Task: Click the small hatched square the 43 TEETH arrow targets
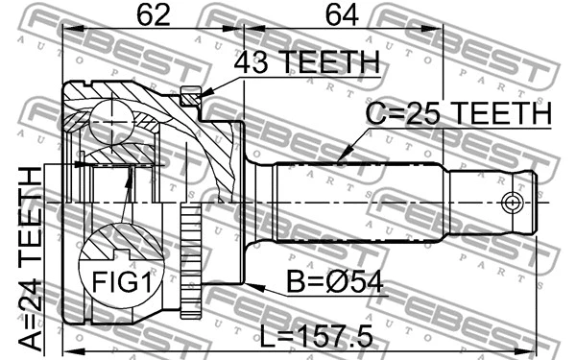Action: pos(190,96)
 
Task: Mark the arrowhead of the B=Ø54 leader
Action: pos(252,285)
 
